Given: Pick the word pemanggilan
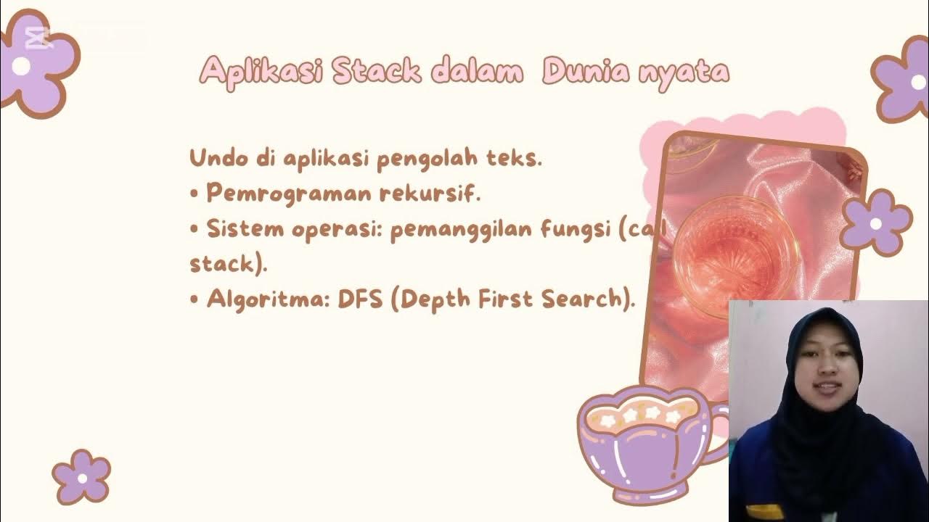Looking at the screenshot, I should click(465, 229).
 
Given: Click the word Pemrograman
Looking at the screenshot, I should click(289, 194).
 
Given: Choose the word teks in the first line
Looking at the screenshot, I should click(518, 158).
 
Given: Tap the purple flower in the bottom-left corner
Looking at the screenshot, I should click(81, 476).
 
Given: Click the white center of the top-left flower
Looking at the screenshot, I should click(21, 66).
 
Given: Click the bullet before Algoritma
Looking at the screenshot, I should click(195, 299).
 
